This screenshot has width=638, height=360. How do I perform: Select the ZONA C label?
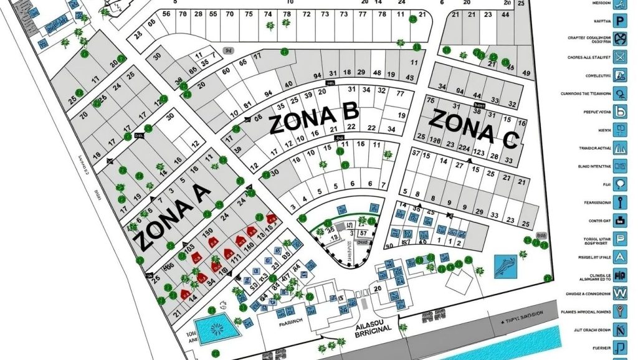pyautogui.click(x=474, y=128)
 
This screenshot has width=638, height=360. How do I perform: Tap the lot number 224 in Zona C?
pyautogui.click(x=462, y=148)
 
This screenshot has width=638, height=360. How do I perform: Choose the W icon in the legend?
pyautogui.click(x=620, y=293)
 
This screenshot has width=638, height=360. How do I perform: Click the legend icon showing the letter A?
pyautogui.click(x=620, y=256)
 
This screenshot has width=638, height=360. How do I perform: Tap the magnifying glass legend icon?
pyautogui.click(x=620, y=93)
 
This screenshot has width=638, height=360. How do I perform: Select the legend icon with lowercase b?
pyautogui.click(x=620, y=112)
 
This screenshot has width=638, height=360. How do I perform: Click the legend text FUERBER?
pyautogui.click(x=593, y=348)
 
